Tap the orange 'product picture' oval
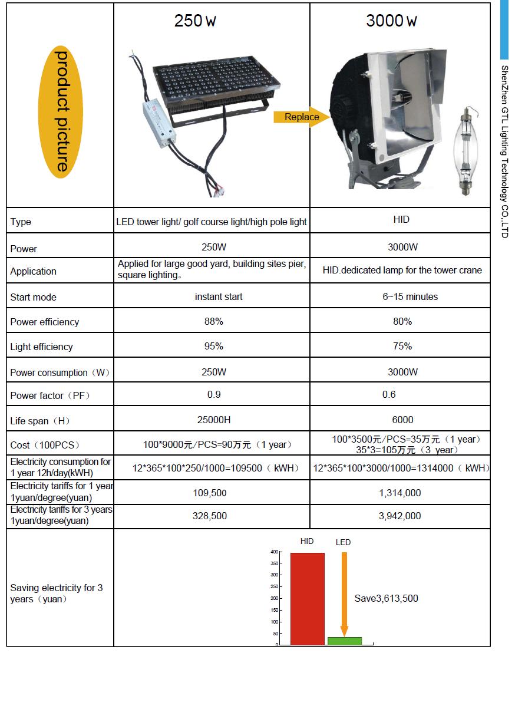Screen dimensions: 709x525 tap(61, 111)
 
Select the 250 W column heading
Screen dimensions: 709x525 tap(195, 21)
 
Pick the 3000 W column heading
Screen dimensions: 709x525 tap(391, 21)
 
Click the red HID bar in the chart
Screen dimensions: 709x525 tap(307, 598)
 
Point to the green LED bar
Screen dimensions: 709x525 tap(345, 641)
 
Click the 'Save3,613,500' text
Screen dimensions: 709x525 tap(386, 599)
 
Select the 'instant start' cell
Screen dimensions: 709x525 tap(219, 296)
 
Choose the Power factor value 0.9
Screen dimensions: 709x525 tap(213, 394)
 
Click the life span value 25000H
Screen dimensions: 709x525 tap(213, 420)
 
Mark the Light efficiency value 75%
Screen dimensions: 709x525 tap(402, 346)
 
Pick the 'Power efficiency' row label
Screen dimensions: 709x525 tap(44, 322)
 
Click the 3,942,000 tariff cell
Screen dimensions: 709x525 tap(399, 516)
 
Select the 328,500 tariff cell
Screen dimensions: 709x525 tap(210, 516)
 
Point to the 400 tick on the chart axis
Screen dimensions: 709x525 tap(274, 552)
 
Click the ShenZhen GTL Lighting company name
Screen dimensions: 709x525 tap(504, 151)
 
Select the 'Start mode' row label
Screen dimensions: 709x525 tap(33, 297)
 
